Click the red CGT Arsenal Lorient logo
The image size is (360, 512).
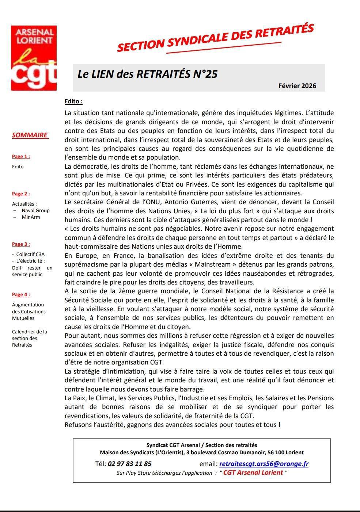tap(34, 58)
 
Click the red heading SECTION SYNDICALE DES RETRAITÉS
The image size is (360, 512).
tap(215, 38)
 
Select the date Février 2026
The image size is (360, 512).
tap(297, 86)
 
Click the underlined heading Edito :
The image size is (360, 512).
tap(73, 102)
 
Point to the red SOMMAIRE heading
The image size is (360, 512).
tap(30, 135)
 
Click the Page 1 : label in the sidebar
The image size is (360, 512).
tap(21, 157)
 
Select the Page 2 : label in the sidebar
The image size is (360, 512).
tap(21, 194)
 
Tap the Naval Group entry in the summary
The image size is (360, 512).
tap(35, 211)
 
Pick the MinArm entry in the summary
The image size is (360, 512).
tap(31, 217)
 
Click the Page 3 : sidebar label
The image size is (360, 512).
tap(21, 244)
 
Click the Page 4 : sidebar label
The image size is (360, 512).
tap(21, 295)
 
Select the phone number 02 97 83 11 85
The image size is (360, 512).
tap(129, 464)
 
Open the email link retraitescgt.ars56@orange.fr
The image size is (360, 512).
tap(264, 464)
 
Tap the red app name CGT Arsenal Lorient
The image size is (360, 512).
tap(253, 473)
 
